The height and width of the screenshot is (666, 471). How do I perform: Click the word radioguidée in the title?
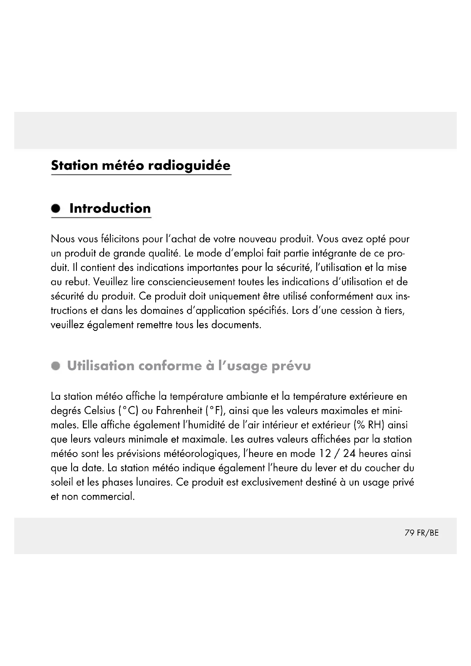click(x=189, y=166)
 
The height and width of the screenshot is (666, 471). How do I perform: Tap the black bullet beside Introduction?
click(x=56, y=208)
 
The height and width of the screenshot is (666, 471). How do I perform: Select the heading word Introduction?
click(x=110, y=208)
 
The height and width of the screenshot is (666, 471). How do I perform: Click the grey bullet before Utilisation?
click(x=56, y=366)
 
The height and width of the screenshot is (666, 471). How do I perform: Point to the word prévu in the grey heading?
click(x=291, y=366)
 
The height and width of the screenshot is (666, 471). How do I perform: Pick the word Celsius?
click(x=99, y=411)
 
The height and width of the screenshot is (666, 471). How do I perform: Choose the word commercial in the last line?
click(x=108, y=497)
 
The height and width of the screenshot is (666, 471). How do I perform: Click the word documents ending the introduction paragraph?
click(x=236, y=325)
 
